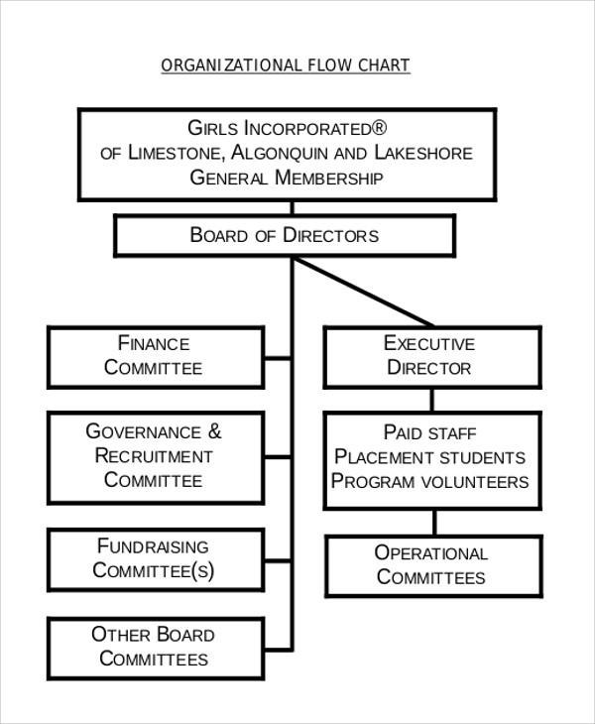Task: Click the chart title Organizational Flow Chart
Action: coord(286,65)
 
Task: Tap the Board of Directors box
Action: coord(285,236)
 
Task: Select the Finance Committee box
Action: coord(156,356)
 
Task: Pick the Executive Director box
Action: coord(429,356)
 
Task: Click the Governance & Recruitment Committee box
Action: coord(156,456)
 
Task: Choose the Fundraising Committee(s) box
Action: coord(156,558)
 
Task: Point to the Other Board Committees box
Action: coord(156,647)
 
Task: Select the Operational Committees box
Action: coord(432,566)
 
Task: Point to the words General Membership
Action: coord(286,179)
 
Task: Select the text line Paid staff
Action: coord(430,433)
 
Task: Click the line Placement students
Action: coord(430,457)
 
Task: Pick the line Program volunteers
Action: coord(430,481)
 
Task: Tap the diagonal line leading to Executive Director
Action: coord(364,292)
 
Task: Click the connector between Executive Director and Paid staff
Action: coord(431,400)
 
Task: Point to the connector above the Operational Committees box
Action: coord(433,523)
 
